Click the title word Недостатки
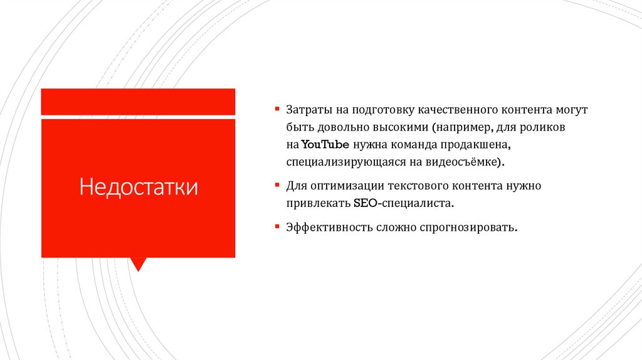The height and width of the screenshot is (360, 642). point(138,187)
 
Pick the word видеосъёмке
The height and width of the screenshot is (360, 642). point(465,162)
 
